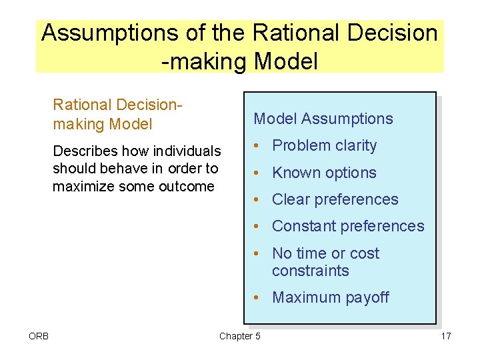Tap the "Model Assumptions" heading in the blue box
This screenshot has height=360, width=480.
323,119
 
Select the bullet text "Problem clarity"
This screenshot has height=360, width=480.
325,145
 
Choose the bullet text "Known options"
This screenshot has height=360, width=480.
324,173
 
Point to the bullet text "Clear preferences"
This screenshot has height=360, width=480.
335,199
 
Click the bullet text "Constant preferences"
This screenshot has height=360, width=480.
348,226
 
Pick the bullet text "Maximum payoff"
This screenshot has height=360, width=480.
331,297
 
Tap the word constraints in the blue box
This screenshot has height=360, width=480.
310,271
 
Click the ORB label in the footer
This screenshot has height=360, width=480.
39,336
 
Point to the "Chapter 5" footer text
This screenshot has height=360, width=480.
240,336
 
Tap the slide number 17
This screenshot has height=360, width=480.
445,336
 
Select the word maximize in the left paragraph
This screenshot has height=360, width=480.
81,186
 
